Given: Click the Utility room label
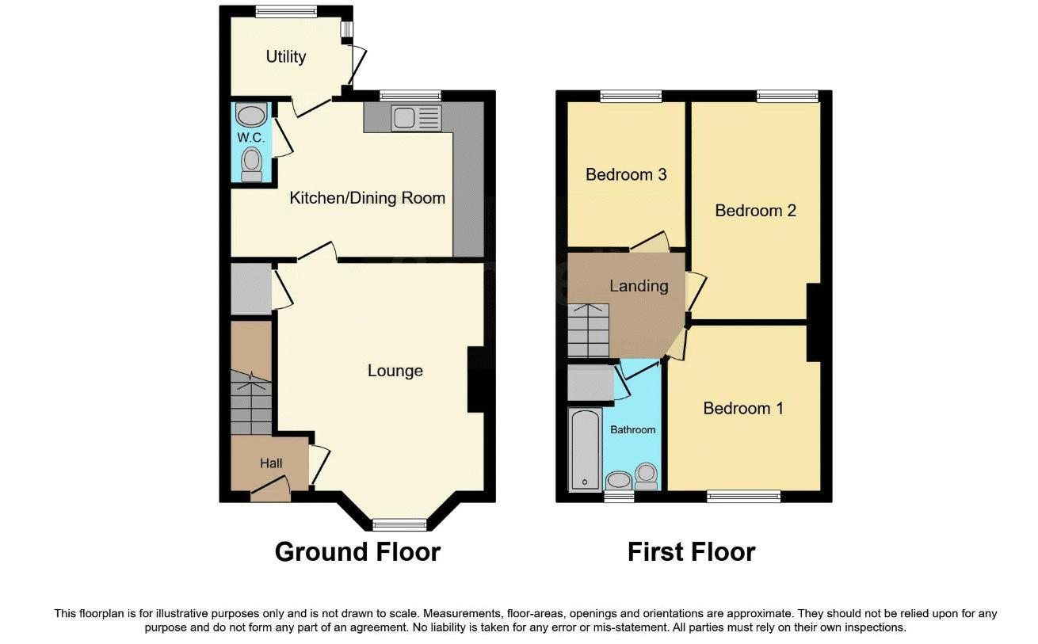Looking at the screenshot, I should click(x=285, y=57).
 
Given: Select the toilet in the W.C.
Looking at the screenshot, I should click(x=252, y=164).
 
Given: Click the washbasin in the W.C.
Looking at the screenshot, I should click(x=251, y=116).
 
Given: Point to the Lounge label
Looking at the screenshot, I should click(x=395, y=371).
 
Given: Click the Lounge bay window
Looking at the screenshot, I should click(x=400, y=524).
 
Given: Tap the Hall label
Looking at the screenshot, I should click(x=271, y=463).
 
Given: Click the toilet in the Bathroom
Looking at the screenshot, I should click(x=647, y=476).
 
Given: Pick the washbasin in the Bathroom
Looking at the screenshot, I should click(x=618, y=481).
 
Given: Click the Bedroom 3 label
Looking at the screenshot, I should click(x=626, y=174).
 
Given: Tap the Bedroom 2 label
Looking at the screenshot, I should click(x=755, y=211).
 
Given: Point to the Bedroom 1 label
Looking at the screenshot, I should click(x=743, y=409).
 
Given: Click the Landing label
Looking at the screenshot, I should click(x=639, y=286).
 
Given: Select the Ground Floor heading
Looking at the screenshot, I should click(x=357, y=552).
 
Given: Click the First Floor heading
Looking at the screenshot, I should click(x=691, y=552).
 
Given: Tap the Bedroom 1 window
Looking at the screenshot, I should click(x=743, y=497).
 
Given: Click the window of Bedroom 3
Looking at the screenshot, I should click(x=631, y=96).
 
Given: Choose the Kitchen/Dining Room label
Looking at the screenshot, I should click(x=367, y=198).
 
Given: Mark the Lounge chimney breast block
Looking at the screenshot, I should click(x=475, y=379).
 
